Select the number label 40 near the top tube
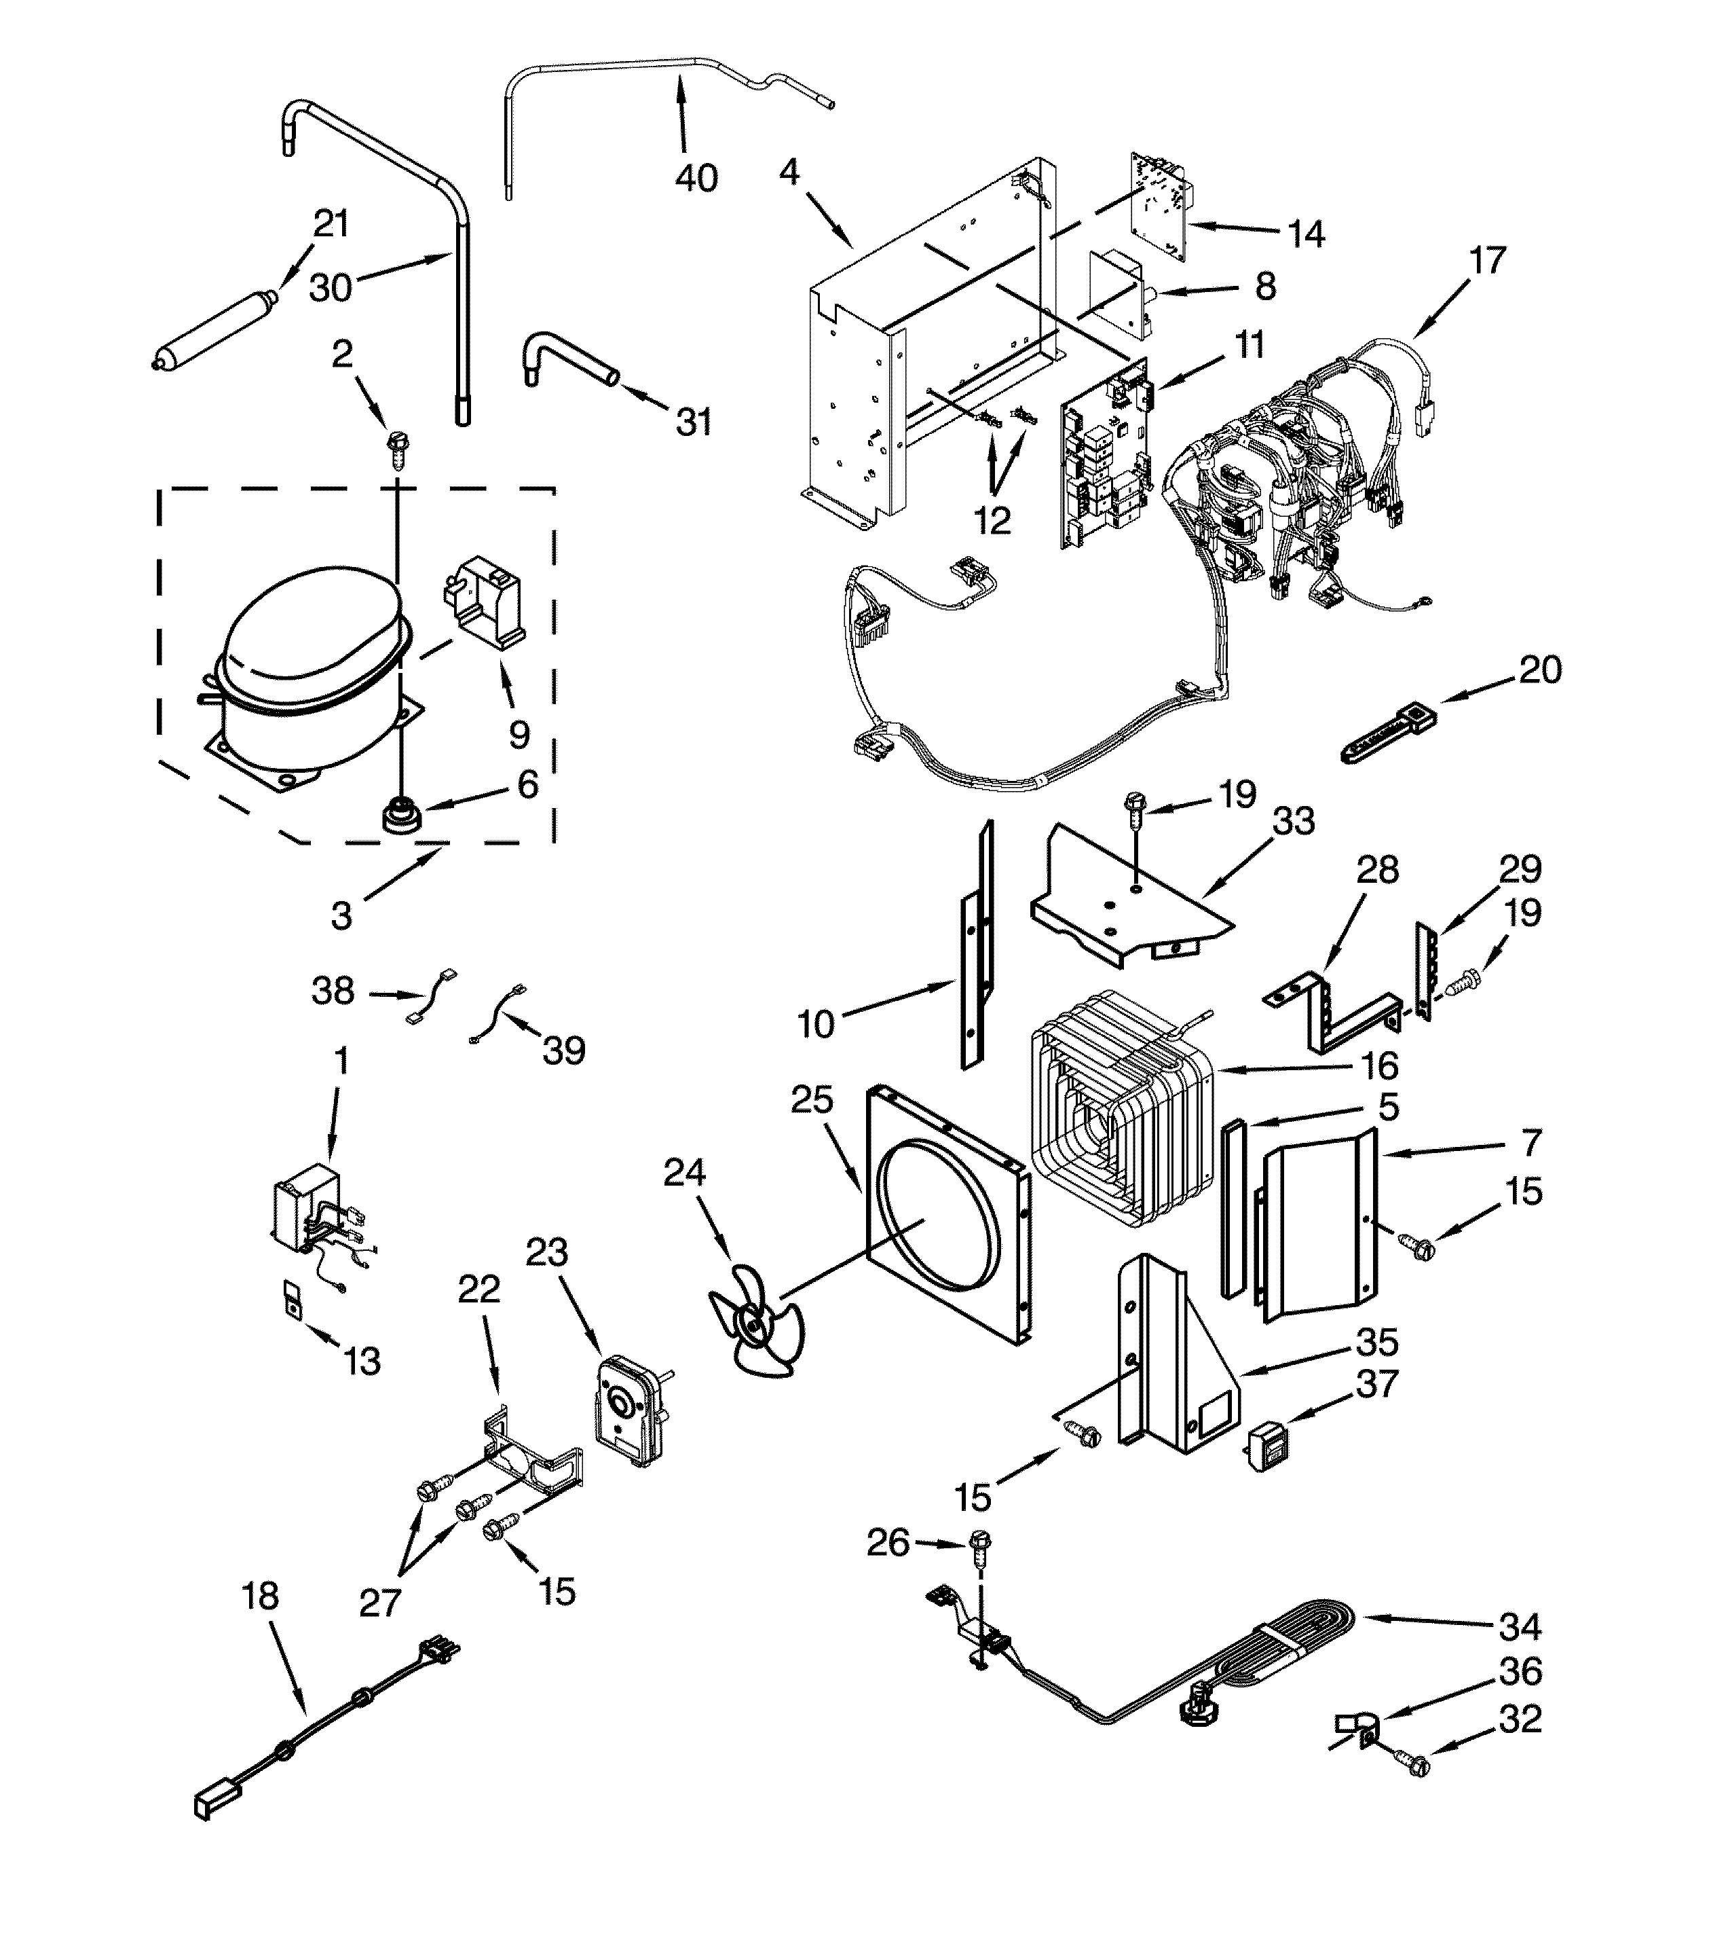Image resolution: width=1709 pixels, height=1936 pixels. (x=696, y=178)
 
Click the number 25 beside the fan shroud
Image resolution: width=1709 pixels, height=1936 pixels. (x=812, y=1099)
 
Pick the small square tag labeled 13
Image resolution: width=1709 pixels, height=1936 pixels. (x=293, y=1300)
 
